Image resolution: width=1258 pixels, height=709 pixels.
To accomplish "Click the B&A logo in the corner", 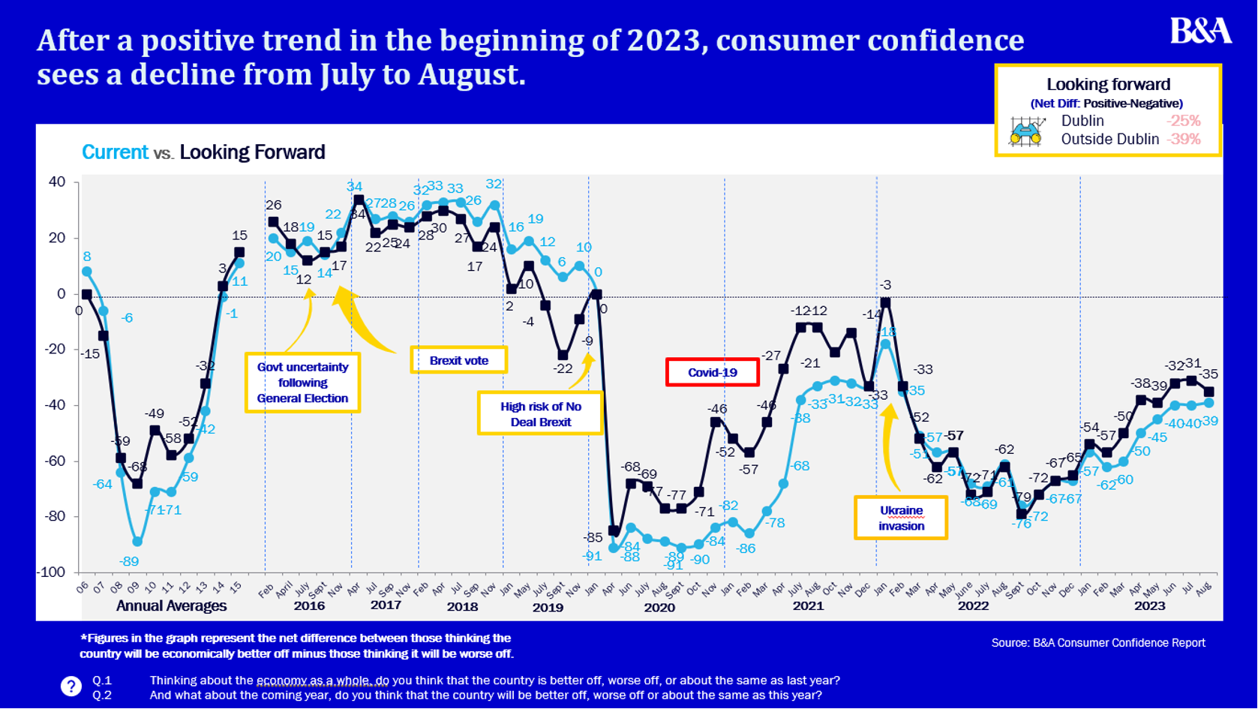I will pyautogui.click(x=1200, y=31).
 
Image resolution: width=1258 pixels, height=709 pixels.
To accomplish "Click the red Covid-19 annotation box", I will pyautogui.click(x=712, y=372).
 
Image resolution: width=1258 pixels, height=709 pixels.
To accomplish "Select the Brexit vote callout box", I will pyautogui.click(x=458, y=360).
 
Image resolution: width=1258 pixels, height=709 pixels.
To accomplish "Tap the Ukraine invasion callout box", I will pyautogui.click(x=901, y=518).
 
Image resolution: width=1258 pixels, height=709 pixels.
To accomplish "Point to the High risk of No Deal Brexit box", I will pyautogui.click(x=540, y=413).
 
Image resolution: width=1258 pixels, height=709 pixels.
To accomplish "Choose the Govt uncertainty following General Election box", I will pyautogui.click(x=302, y=383).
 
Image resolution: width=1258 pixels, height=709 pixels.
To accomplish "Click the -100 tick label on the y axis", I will pyautogui.click(x=51, y=572).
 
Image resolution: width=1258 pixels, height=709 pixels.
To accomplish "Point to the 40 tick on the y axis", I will pyautogui.click(x=57, y=182).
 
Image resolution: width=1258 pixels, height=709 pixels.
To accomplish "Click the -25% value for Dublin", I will pyautogui.click(x=1183, y=121).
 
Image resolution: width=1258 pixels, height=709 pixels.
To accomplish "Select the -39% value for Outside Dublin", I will pyautogui.click(x=1183, y=139).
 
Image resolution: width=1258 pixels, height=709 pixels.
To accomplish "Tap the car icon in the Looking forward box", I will pyautogui.click(x=1026, y=132).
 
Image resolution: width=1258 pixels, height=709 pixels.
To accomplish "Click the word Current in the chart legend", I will pyautogui.click(x=115, y=152).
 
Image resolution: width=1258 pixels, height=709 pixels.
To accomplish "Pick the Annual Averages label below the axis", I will pyautogui.click(x=171, y=606).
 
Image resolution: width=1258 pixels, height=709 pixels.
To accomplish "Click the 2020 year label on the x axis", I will pyautogui.click(x=659, y=608).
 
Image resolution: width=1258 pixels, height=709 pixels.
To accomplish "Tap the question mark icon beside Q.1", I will pyautogui.click(x=71, y=686).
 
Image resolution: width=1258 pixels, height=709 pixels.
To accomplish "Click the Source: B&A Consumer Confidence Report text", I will pyautogui.click(x=1098, y=643).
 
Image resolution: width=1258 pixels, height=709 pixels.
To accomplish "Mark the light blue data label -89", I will pyautogui.click(x=129, y=561).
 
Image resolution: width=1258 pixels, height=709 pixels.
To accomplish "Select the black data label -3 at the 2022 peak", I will pyautogui.click(x=886, y=285).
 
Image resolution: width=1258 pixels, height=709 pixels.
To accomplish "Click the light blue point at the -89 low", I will pyautogui.click(x=137, y=541).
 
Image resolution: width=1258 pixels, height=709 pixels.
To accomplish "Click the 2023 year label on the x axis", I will pyautogui.click(x=1149, y=606).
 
